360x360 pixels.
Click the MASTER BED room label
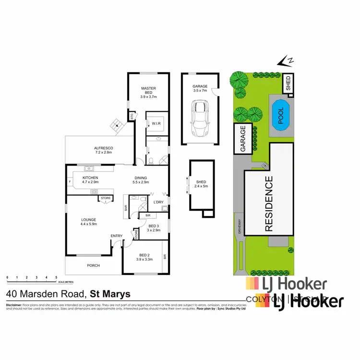[148, 91]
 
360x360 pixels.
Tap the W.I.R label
[156, 124]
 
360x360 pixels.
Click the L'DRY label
[158, 203]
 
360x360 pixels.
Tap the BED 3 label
[154, 226]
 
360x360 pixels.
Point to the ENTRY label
[117, 236]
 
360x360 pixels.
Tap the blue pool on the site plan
[281, 115]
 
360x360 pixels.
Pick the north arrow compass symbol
[287, 61]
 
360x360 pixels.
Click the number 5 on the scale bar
[57, 277]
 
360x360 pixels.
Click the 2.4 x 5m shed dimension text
[201, 187]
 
